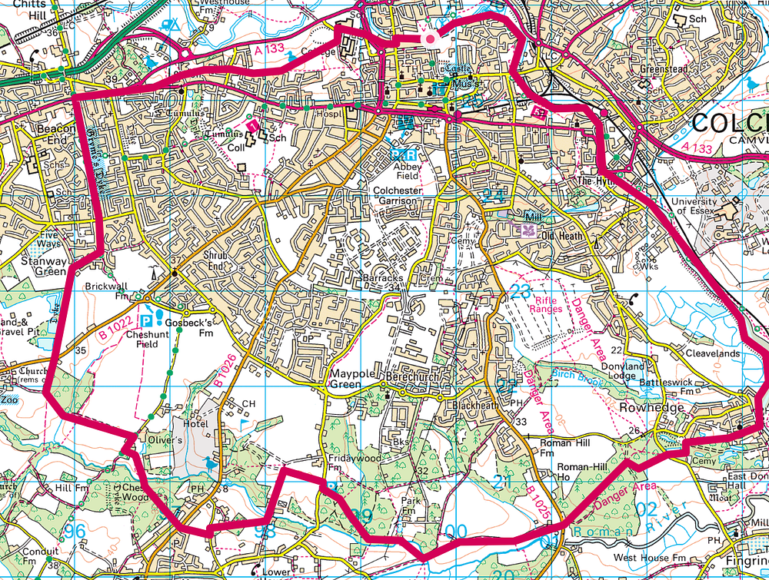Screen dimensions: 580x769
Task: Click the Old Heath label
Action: tap(564, 235)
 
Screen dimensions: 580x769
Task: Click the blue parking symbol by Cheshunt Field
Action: tap(147, 321)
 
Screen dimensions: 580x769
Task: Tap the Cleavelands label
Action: tap(714, 353)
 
